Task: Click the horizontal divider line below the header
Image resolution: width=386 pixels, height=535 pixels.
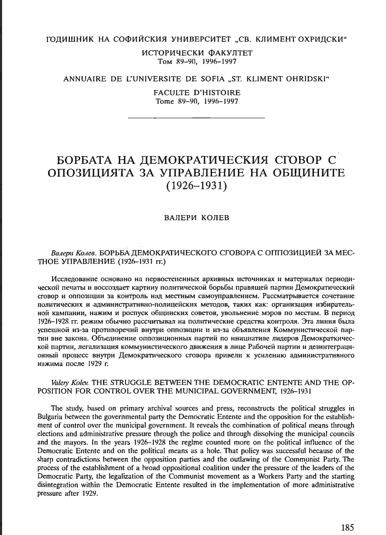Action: [196, 118]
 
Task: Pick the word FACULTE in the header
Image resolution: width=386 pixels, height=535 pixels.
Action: [170, 93]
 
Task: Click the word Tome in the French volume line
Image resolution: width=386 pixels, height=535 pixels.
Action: [166, 101]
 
